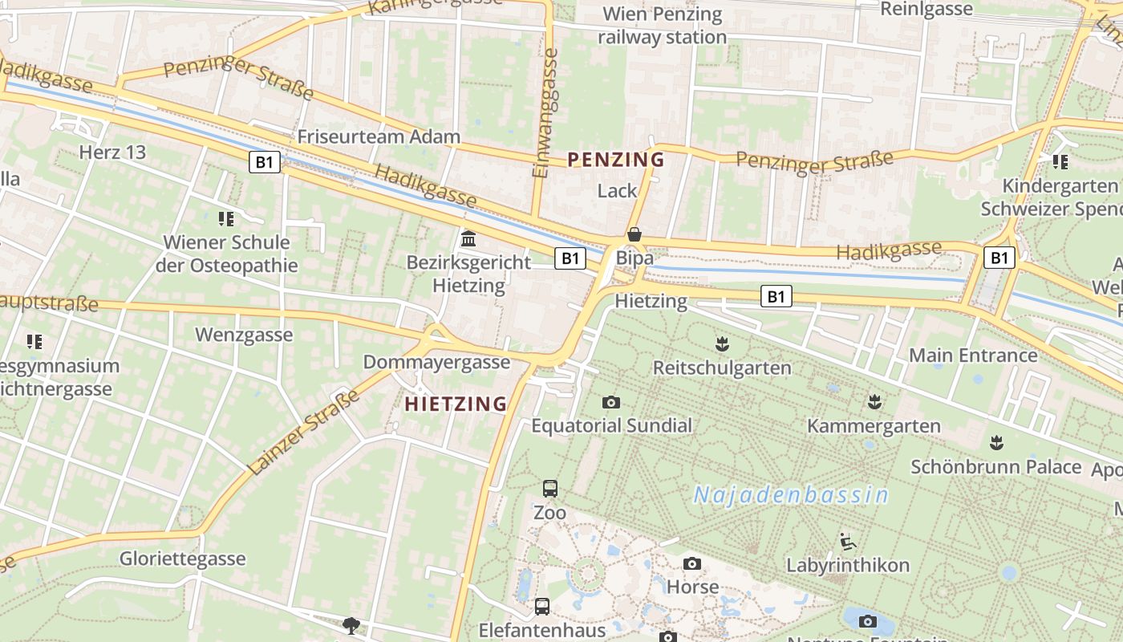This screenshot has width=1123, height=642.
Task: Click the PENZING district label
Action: coord(616,160)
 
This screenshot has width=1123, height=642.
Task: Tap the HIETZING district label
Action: coord(456,404)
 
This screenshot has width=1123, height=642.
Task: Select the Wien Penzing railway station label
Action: coord(662,26)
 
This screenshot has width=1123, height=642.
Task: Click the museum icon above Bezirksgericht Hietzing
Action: coord(468,239)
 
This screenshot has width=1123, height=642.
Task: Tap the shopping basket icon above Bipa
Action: coord(634,234)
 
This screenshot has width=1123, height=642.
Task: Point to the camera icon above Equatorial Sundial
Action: coord(611,402)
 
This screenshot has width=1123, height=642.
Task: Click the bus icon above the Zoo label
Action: coord(550,488)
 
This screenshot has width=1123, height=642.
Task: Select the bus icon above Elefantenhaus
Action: coord(542,606)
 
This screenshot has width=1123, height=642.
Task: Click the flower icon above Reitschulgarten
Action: coord(722,344)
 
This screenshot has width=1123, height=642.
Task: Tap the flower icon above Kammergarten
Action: coord(874,400)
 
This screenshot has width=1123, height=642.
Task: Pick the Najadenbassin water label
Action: coord(791,495)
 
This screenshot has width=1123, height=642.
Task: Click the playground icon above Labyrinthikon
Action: coord(847,541)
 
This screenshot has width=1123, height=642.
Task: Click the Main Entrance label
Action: coord(972,355)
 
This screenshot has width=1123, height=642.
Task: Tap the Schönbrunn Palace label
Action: coord(995,466)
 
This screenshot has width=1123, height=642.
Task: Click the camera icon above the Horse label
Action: coord(692,564)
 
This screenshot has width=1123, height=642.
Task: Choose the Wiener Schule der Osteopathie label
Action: coord(226,254)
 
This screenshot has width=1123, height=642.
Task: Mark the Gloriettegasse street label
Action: coord(182,559)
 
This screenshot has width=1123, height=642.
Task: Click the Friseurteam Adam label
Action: coord(379,136)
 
